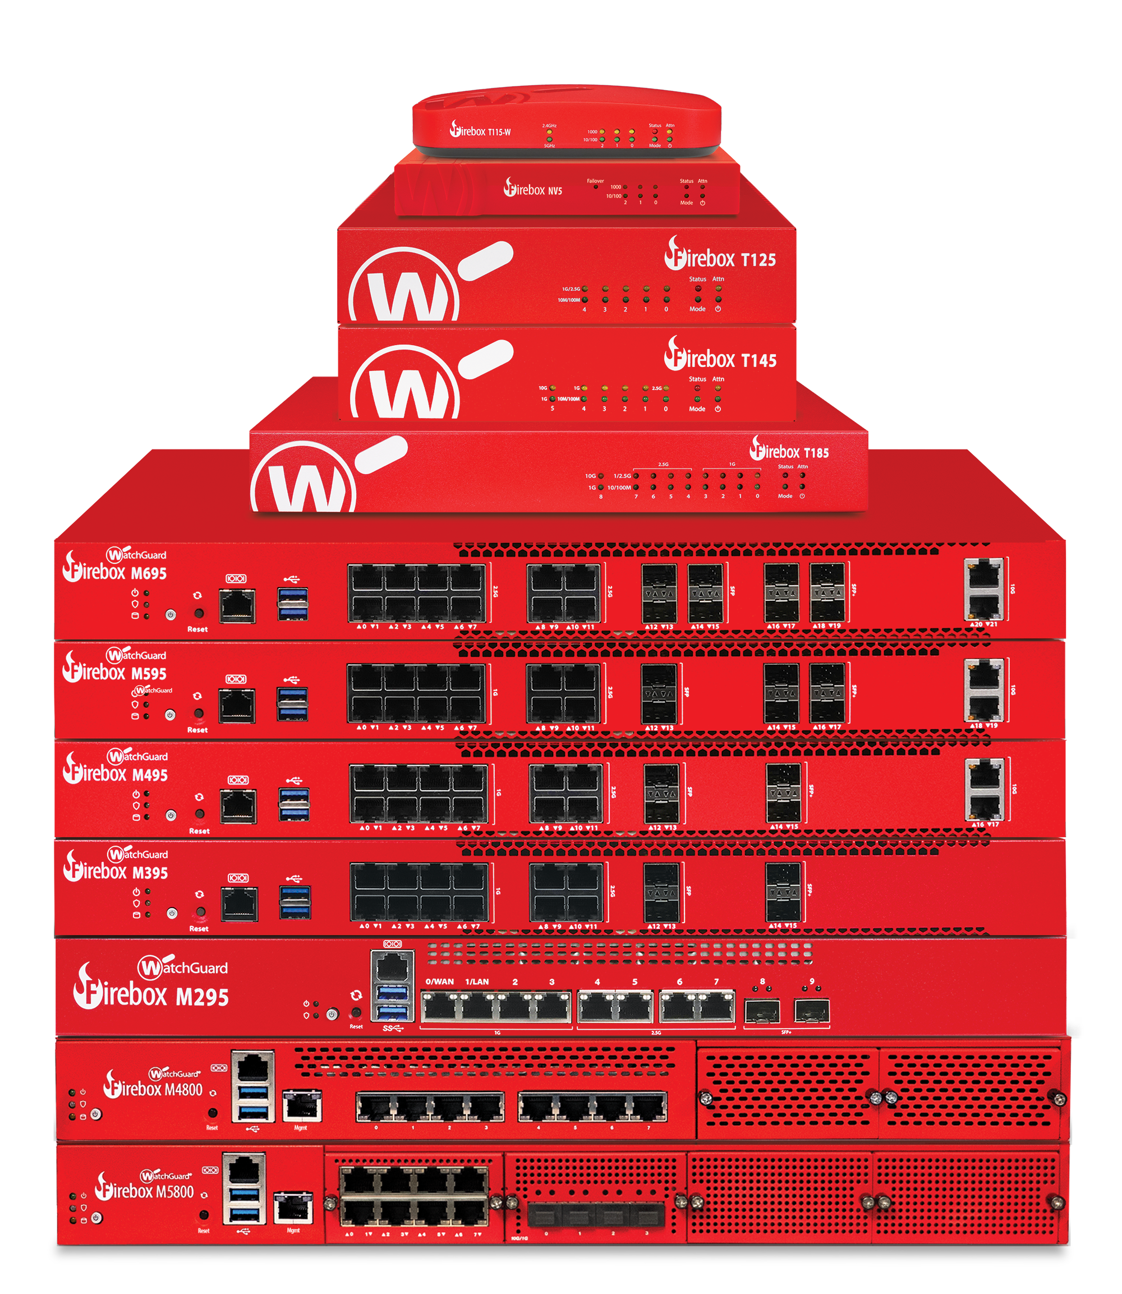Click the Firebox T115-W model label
pyautogui.click(x=480, y=131)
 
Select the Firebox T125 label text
pyautogui.click(x=720, y=258)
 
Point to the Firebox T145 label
pyautogui.click(x=720, y=359)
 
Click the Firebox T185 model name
pyautogui.click(x=789, y=451)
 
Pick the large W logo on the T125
pyautogui.click(x=404, y=290)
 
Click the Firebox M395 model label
pyautogui.click(x=116, y=871)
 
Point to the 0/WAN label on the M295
pyautogui.click(x=439, y=981)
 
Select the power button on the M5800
pyautogui.click(x=96, y=1218)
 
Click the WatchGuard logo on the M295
pyautogui.click(x=183, y=967)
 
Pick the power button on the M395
pyautogui.click(x=172, y=913)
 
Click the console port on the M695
pyautogui.click(x=237, y=605)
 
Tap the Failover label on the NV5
pyautogui.click(x=595, y=181)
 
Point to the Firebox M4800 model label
pyautogui.click(x=153, y=1089)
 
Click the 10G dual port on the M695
pyautogui.click(x=983, y=590)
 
